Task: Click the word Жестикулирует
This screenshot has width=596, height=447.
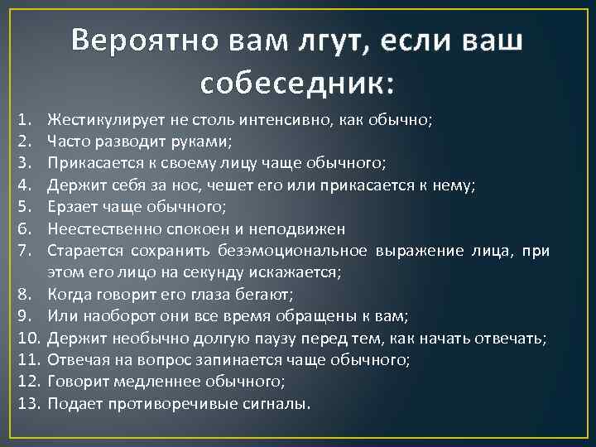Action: point(100,120)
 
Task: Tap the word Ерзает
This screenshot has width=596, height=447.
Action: point(72,207)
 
